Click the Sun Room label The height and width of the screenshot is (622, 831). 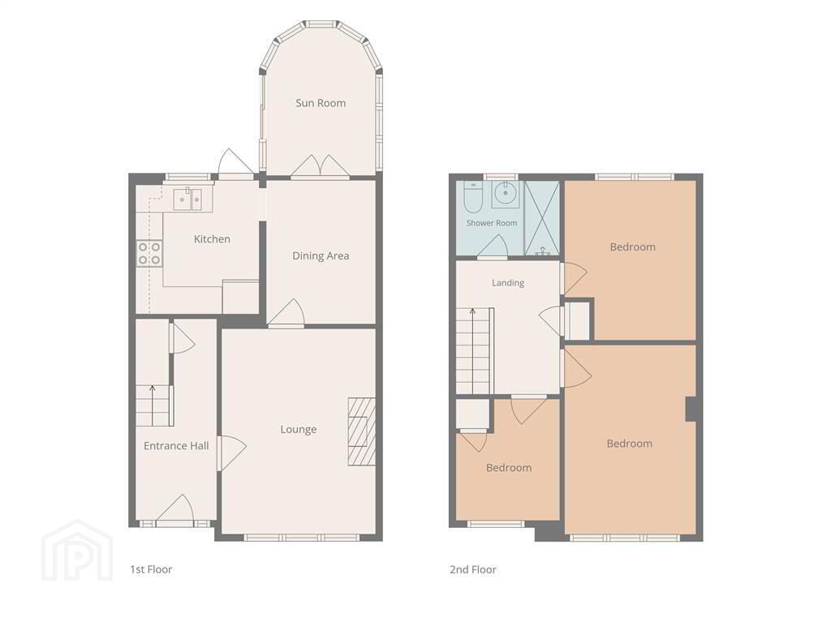pyautogui.click(x=321, y=103)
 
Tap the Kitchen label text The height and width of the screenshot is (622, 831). pyautogui.click(x=212, y=239)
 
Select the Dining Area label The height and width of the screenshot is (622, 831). pyautogui.click(x=321, y=256)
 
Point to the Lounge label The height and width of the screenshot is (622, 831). pyautogui.click(x=299, y=430)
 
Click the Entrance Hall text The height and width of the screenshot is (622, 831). pyautogui.click(x=176, y=446)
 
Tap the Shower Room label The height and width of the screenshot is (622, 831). pyautogui.click(x=492, y=223)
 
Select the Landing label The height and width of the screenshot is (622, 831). pyautogui.click(x=508, y=283)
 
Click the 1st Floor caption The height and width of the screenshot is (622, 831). pyautogui.click(x=151, y=569)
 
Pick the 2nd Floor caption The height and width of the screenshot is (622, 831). pyautogui.click(x=473, y=569)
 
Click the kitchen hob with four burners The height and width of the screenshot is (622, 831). pyautogui.click(x=149, y=253)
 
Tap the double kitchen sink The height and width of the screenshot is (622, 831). pyautogui.click(x=188, y=199)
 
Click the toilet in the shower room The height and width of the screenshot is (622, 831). pyautogui.click(x=472, y=196)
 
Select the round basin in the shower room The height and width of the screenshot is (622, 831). pyautogui.click(x=506, y=194)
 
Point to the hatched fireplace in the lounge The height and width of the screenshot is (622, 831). pyautogui.click(x=361, y=431)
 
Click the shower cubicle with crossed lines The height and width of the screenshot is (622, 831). pyautogui.click(x=541, y=218)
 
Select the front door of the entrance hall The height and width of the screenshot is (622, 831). pyautogui.click(x=175, y=510)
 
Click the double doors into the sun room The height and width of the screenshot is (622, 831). pyautogui.click(x=320, y=166)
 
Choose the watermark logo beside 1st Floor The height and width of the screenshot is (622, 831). pyautogui.click(x=77, y=550)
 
